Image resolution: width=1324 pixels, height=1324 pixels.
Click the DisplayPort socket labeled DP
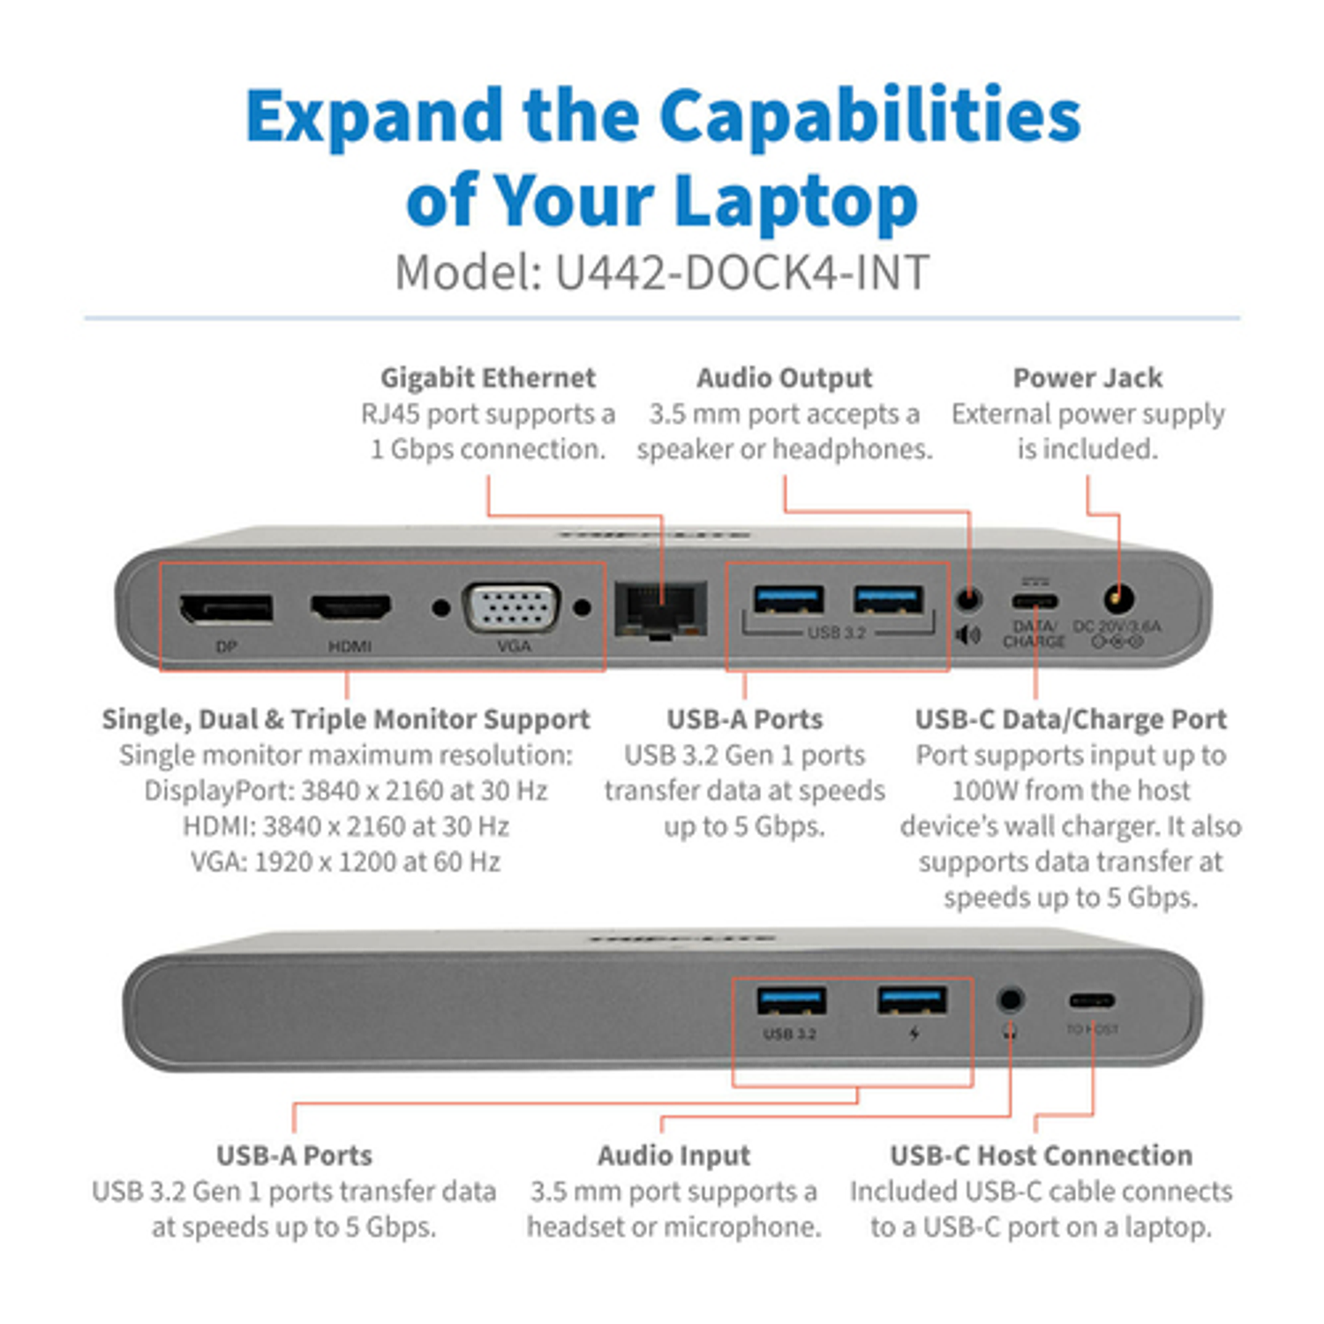click(226, 608)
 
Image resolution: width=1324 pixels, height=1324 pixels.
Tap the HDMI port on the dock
click(350, 607)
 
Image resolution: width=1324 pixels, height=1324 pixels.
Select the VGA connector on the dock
click(512, 607)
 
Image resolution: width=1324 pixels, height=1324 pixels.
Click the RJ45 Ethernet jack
click(660, 608)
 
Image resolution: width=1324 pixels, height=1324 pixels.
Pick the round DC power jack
click(1119, 599)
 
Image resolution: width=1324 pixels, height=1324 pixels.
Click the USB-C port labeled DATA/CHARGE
click(1034, 602)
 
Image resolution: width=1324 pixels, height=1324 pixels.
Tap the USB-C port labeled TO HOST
click(1092, 1001)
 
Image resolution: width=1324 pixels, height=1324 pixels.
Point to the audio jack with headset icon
click(1010, 1000)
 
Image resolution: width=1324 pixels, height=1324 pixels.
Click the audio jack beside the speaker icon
click(968, 599)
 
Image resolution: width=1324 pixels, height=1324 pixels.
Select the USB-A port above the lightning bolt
click(912, 1001)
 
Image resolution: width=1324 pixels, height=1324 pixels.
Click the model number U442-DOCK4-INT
click(741, 273)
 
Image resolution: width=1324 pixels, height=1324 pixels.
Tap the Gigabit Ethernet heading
click(488, 378)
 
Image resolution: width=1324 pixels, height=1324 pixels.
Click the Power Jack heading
click(1087, 378)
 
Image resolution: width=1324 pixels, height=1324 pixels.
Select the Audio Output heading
click(784, 378)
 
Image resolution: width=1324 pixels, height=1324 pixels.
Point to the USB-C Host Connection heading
click(1041, 1155)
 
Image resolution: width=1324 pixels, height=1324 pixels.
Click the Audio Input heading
click(673, 1155)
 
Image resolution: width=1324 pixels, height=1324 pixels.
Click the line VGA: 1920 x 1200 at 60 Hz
click(345, 861)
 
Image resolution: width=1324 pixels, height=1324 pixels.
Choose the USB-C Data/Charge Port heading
click(1071, 719)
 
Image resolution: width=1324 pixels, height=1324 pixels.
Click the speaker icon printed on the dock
click(968, 635)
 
